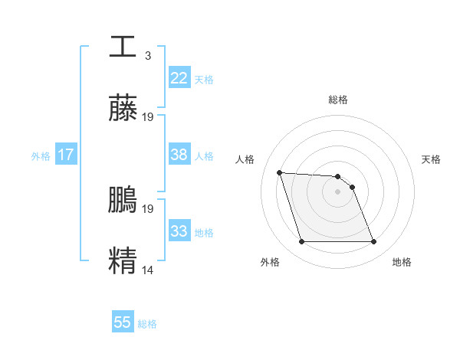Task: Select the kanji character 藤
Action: [123, 109]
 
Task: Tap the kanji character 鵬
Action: [123, 200]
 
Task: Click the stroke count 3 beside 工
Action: [147, 55]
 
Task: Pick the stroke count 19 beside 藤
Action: [148, 117]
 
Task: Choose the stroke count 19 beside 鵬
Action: [148, 208]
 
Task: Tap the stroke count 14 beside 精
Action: [148, 270]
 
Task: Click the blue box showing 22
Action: [179, 78]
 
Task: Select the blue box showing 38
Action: [179, 155]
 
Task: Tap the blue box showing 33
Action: [179, 231]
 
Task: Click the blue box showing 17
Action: [65, 155]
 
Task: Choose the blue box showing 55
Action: [123, 322]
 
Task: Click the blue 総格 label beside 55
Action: [147, 324]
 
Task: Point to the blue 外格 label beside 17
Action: [41, 156]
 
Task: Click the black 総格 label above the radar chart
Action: [338, 100]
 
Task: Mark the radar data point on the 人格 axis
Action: [280, 172]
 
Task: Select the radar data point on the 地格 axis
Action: [373, 242]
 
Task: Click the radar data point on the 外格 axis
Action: [301, 242]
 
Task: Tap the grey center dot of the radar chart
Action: [338, 191]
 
